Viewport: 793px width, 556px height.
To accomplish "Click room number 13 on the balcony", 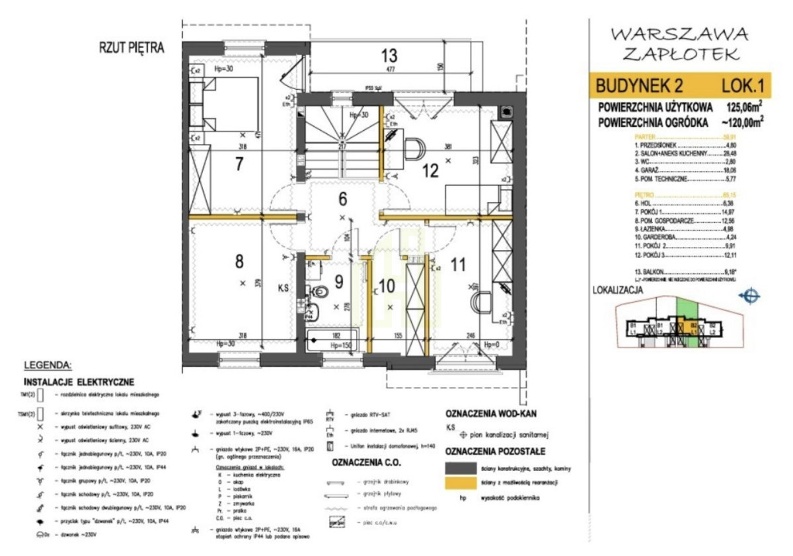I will point(389,55).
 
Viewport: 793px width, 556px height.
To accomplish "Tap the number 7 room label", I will point(239,164).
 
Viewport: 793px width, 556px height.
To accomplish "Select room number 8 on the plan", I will point(239,261).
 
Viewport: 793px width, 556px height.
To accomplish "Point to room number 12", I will point(430,171).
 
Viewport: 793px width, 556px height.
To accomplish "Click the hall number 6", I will point(342,197).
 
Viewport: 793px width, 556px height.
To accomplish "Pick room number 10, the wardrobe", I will point(386,285).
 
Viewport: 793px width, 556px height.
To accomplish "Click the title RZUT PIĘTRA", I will point(131,48).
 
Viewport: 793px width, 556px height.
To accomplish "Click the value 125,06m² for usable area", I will point(744,107).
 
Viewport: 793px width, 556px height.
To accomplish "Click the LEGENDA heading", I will point(48,364).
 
